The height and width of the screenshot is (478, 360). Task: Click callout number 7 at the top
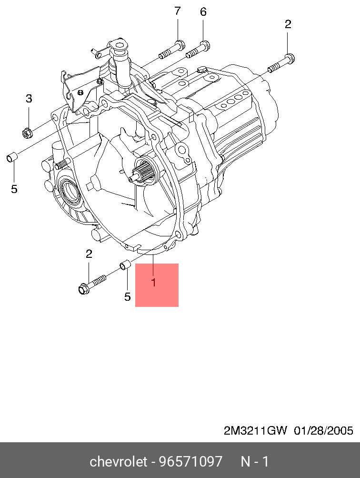(x=177, y=11)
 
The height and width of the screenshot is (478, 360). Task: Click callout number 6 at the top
(x=203, y=12)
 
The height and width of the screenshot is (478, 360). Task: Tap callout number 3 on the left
(x=29, y=99)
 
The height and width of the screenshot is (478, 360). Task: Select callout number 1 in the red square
(x=153, y=283)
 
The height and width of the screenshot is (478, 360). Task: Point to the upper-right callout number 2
(x=288, y=24)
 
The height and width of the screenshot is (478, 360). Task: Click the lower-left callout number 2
(x=89, y=254)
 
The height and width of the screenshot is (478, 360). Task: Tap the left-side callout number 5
(x=14, y=189)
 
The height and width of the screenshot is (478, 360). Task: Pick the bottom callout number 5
(x=127, y=296)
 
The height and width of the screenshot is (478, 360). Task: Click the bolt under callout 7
(x=172, y=50)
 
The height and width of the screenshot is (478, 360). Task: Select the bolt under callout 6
(x=198, y=50)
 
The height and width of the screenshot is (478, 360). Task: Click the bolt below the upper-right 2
(x=281, y=63)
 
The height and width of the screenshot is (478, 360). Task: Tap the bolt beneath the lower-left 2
(x=92, y=284)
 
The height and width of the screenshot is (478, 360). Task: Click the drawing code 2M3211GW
(x=255, y=431)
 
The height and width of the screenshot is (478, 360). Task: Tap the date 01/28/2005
(x=323, y=431)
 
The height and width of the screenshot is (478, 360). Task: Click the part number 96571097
(x=191, y=461)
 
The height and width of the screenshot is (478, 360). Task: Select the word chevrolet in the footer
(x=119, y=461)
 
